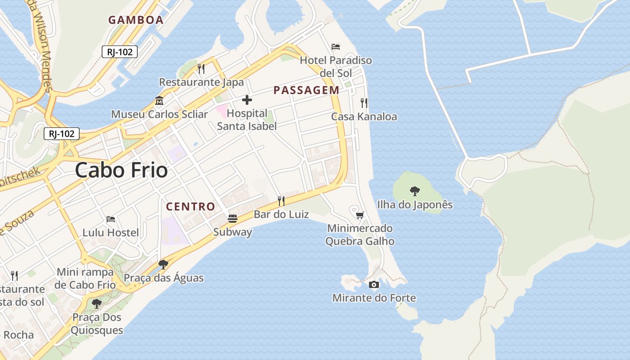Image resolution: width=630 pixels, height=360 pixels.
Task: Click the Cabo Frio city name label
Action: [121, 170]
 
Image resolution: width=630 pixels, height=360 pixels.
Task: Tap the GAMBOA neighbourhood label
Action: [135, 20]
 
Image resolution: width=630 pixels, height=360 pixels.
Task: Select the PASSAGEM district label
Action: [306, 90]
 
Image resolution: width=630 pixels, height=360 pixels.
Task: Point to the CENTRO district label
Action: [191, 207]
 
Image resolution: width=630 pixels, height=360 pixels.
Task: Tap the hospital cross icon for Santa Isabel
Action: [247, 100]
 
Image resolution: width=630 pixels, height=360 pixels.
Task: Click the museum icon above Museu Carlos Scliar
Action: [159, 101]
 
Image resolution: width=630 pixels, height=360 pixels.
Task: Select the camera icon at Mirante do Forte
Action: [373, 284]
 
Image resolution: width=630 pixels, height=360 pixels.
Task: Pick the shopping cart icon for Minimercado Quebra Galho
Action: [360, 215]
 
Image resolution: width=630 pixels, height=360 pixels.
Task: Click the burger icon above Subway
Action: [233, 219]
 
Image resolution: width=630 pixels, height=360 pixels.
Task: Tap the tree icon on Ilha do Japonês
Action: [414, 191]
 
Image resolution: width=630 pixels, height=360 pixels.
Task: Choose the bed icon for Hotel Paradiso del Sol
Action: [336, 46]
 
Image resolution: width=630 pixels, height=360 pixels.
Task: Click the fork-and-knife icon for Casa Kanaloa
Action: [364, 103]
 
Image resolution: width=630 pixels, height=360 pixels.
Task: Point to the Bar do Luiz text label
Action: [281, 214]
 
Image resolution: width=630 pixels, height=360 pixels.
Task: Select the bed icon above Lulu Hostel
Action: [111, 219]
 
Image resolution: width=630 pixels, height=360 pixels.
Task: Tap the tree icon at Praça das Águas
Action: [163, 265]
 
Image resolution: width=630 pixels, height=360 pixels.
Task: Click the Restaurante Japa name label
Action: [201, 82]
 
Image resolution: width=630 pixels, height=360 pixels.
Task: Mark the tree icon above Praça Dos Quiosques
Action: [96, 304]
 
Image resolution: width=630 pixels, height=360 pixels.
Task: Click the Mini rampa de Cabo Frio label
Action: [85, 279]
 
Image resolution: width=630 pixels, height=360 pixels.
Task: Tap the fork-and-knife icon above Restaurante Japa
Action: [201, 68]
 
